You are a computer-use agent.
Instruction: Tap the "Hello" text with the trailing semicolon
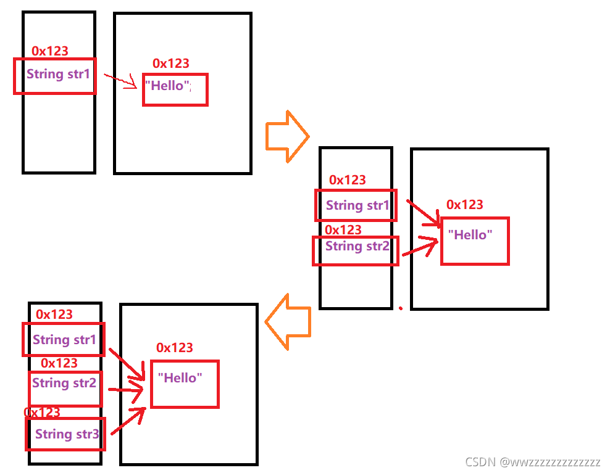pyautogui.click(x=168, y=86)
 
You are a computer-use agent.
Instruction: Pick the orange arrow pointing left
pyautogui.click(x=287, y=320)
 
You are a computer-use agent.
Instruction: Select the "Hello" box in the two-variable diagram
pyautogui.click(x=474, y=241)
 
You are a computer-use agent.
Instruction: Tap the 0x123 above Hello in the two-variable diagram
pyautogui.click(x=464, y=205)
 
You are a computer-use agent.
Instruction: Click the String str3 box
pyautogui.click(x=66, y=434)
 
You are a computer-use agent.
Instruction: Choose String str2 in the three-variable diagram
pyautogui.click(x=64, y=384)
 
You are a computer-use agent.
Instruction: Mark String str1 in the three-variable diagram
pyautogui.click(x=64, y=340)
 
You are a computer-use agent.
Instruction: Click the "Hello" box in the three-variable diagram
pyautogui.click(x=184, y=384)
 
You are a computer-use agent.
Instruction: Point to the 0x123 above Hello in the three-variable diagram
pyautogui.click(x=174, y=348)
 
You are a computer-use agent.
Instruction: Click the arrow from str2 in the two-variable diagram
pyautogui.click(x=420, y=245)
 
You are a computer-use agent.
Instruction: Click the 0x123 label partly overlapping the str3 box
pyautogui.click(x=42, y=412)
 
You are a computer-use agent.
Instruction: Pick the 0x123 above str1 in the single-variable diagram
pyautogui.click(x=50, y=51)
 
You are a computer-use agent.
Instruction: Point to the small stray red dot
pyautogui.click(x=400, y=308)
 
